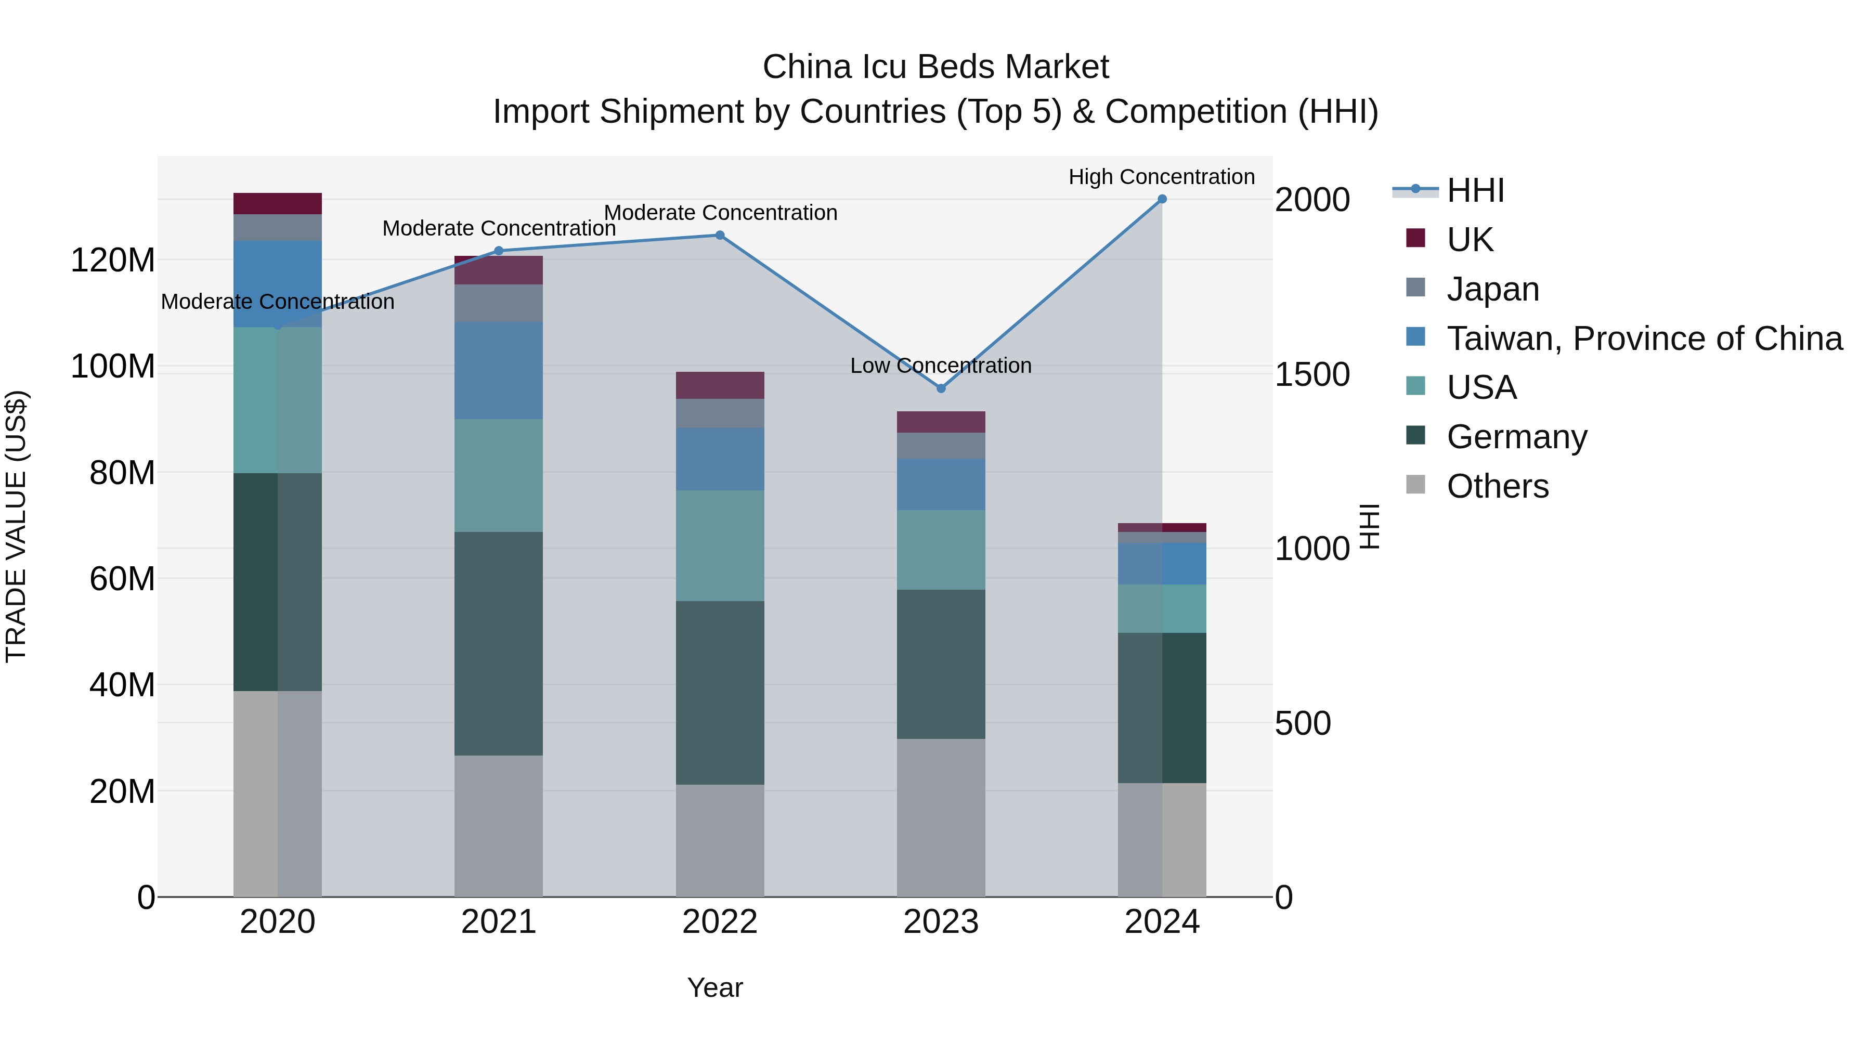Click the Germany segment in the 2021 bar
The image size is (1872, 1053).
click(499, 643)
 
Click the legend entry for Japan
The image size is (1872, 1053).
click(1492, 289)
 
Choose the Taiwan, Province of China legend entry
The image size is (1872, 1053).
click(1644, 339)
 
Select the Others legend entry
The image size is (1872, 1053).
click(1497, 486)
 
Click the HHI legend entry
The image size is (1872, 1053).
click(1475, 190)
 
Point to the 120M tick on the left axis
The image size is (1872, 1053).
click(113, 260)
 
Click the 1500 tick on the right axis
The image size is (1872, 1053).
click(1312, 374)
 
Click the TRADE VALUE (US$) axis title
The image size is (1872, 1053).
click(16, 526)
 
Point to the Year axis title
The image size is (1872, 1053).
click(715, 987)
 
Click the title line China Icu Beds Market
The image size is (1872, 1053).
click(935, 67)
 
